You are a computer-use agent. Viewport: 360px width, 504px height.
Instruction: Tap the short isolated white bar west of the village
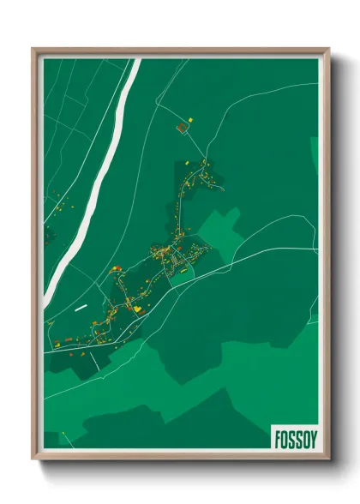[x=81, y=306]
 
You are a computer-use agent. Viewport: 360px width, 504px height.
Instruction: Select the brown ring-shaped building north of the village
[x=181, y=128]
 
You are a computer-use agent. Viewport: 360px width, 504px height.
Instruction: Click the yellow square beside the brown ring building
[x=191, y=117]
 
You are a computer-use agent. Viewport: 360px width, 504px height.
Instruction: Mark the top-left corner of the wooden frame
[x=33, y=49]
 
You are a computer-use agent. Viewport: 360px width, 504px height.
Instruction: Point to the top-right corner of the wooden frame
[x=328, y=49]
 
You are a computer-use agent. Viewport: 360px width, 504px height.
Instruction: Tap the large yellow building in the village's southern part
[x=135, y=307]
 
